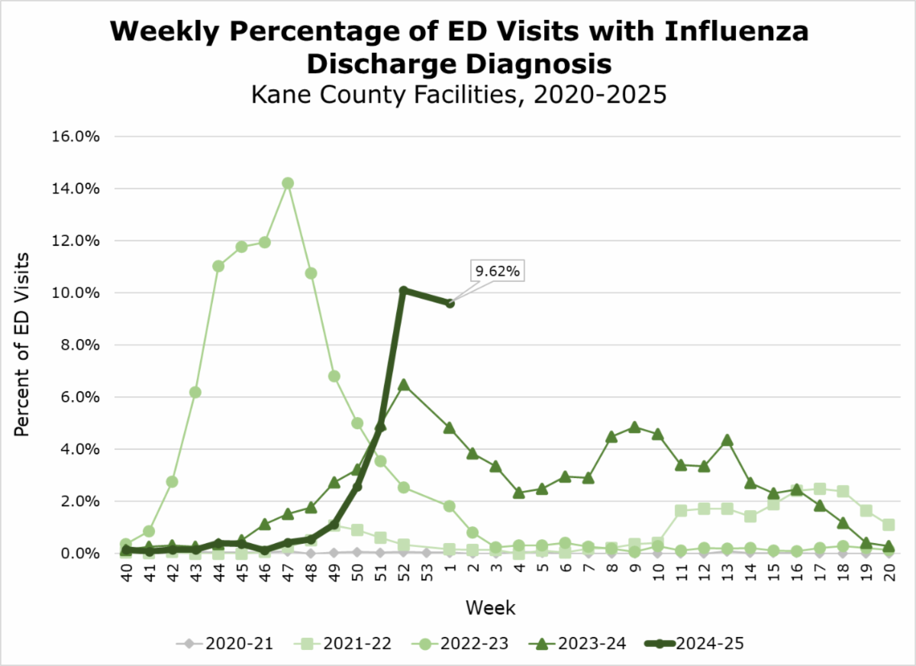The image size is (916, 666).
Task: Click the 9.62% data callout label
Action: (498, 271)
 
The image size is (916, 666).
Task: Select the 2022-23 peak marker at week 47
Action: (288, 183)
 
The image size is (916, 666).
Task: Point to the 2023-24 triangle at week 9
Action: (634, 427)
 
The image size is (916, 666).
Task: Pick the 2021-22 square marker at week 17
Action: (820, 489)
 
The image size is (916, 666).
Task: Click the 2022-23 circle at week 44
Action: (218, 266)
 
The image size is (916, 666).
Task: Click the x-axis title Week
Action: (491, 609)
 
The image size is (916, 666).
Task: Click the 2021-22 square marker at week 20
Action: (889, 525)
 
